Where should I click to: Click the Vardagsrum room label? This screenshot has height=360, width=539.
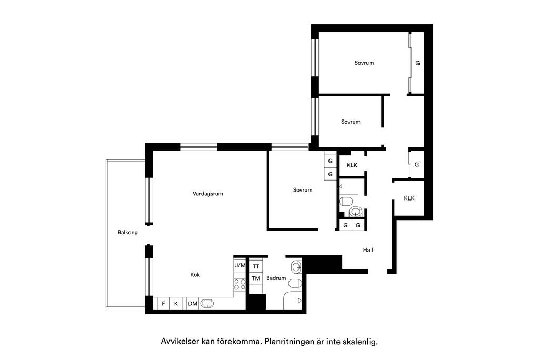207,194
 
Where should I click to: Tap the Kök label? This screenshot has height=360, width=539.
195,275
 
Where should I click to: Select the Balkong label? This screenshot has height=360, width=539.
127,233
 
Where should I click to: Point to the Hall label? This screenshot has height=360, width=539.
368,250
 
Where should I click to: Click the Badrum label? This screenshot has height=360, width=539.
276,278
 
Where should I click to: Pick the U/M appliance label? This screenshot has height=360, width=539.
240,265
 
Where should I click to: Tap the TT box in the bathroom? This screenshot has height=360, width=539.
256,266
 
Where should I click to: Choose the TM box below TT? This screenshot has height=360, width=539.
256,278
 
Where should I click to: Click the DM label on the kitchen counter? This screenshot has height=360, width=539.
193,304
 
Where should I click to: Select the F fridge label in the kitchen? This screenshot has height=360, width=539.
163,304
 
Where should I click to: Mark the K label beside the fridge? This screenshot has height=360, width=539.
176,304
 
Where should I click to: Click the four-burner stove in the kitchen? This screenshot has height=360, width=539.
239,284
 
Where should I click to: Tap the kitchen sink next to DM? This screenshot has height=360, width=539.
206,303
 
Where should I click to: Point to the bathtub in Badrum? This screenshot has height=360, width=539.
293,301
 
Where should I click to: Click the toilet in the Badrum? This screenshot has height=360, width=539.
295,283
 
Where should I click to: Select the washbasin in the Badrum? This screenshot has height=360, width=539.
296,266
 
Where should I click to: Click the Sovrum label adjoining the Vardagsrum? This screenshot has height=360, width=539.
303,190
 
